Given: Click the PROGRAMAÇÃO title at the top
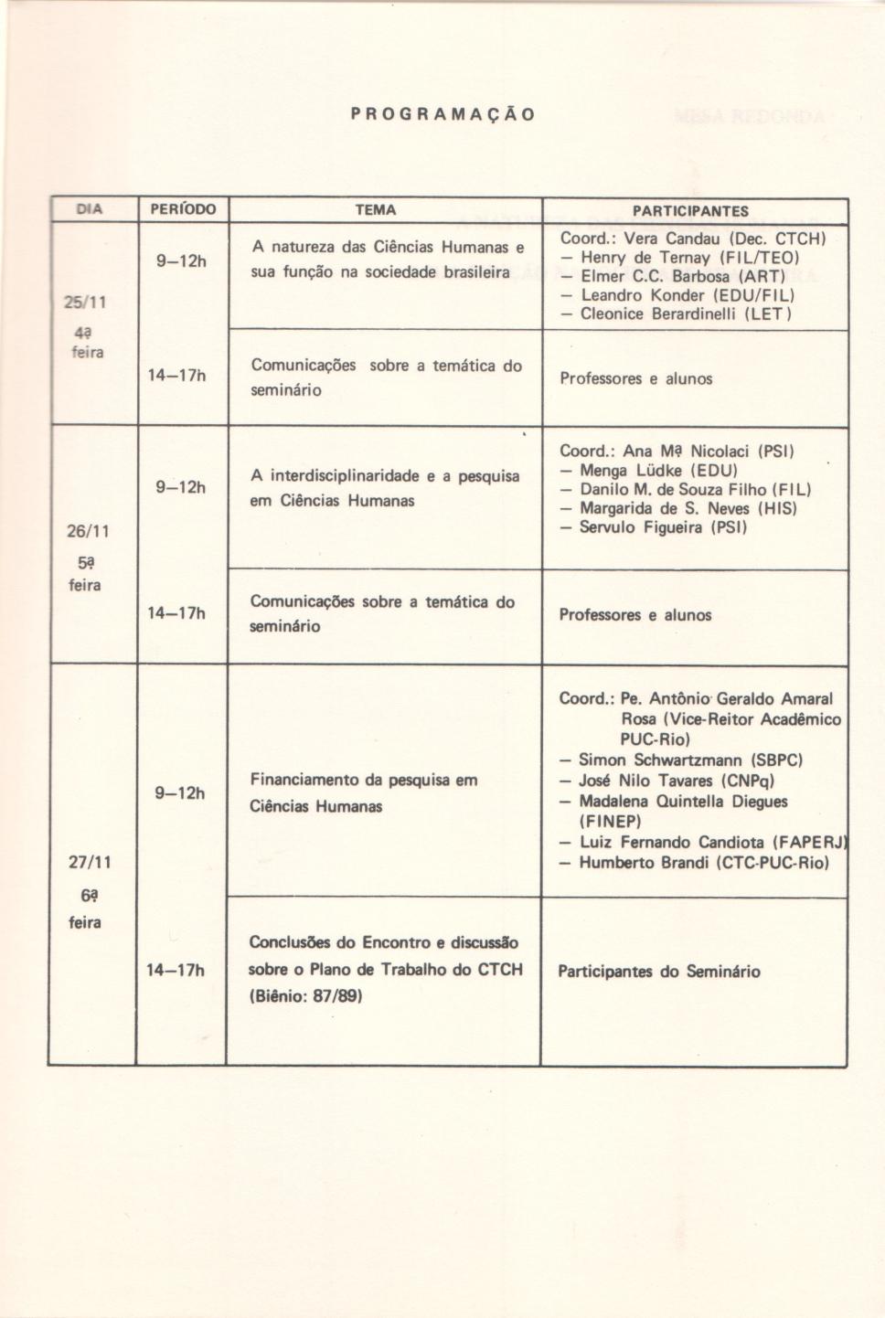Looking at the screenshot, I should point(442,115).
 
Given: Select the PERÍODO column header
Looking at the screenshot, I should point(182,209).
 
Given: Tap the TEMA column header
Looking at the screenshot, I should point(376,209).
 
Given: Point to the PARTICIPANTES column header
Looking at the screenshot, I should point(691,211).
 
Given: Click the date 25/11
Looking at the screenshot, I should point(87,303).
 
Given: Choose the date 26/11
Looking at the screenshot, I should point(88,531).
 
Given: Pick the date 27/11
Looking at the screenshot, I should point(89,862).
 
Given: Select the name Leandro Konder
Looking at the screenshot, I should point(643,295).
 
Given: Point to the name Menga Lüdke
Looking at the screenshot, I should point(632,471).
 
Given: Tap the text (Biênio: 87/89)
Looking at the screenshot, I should point(306,996).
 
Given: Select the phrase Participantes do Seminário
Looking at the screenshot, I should point(658,972).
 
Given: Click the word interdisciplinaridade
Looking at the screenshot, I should point(346,475).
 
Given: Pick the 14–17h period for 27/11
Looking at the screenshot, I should point(176,970).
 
